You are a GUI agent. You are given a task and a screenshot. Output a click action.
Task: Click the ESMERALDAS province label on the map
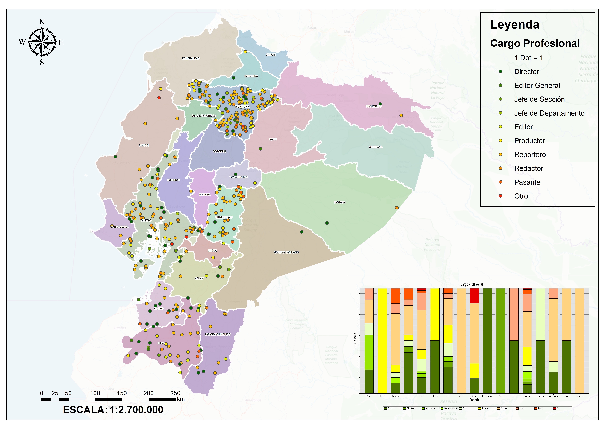[x=191, y=58]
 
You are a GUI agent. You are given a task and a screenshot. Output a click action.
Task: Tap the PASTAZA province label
[x=339, y=202]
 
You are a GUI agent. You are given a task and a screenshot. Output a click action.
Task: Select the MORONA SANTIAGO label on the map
[x=286, y=252]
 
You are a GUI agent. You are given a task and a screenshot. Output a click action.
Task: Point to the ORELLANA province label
[x=375, y=147]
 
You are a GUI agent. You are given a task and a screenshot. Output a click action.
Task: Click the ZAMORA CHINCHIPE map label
[x=217, y=334]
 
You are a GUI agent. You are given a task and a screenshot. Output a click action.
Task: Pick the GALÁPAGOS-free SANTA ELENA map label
[x=119, y=227]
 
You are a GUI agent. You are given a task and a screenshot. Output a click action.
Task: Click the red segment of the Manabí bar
[x=474, y=296]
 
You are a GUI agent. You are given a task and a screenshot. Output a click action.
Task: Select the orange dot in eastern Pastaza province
[x=397, y=208]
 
